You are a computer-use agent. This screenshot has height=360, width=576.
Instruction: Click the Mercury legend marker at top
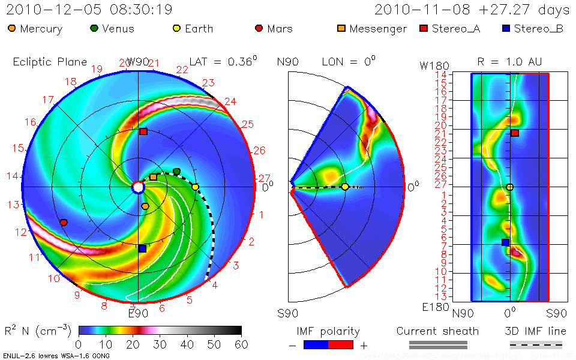[13, 28]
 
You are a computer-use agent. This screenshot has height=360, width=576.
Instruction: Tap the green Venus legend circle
[94, 28]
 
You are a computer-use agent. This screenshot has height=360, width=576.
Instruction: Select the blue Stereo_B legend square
[506, 28]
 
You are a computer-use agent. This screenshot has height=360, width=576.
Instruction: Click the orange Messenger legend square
[341, 28]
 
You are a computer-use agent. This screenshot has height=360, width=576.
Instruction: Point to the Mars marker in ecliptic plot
[64, 223]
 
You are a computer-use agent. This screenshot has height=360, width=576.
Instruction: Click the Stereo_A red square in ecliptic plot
[143, 131]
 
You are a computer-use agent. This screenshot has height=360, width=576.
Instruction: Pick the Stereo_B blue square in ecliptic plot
[142, 248]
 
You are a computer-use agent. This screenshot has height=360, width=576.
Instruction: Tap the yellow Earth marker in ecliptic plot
[195, 187]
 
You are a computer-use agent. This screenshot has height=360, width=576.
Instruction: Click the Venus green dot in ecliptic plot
[176, 172]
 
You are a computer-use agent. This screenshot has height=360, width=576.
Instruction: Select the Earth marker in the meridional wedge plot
[345, 187]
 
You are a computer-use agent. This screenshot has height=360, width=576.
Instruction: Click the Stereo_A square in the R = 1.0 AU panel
[515, 133]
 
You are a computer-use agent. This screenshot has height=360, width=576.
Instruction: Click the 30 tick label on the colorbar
[160, 344]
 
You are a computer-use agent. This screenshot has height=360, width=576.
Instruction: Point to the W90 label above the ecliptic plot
[137, 62]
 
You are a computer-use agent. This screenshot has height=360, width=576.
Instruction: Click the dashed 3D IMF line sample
[536, 345]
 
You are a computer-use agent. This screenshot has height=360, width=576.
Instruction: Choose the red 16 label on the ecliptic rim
[30, 122]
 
